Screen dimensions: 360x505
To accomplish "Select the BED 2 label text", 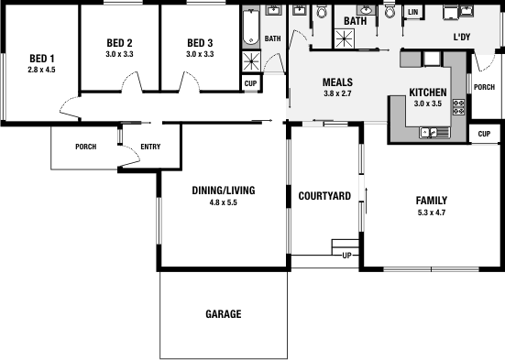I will tap(119, 43).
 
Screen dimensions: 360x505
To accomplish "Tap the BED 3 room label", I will tap(200, 43).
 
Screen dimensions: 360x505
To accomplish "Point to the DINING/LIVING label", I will tap(223, 191).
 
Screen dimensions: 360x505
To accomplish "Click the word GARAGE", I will tap(223, 314).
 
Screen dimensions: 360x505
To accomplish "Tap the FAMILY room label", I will tap(431, 200).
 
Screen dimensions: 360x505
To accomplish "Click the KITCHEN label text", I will tap(427, 93).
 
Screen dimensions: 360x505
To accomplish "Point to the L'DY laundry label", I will tap(463, 38).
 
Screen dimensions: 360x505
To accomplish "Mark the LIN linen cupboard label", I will tap(412, 13).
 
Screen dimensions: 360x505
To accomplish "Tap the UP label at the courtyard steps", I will tap(346, 255).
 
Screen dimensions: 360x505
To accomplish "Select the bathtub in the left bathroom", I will tap(251, 29).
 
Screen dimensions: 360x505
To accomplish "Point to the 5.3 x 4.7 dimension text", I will tap(431, 212).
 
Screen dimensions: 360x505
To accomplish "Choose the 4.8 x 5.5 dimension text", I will tap(223, 202).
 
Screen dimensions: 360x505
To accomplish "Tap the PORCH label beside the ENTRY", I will tap(86, 147).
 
